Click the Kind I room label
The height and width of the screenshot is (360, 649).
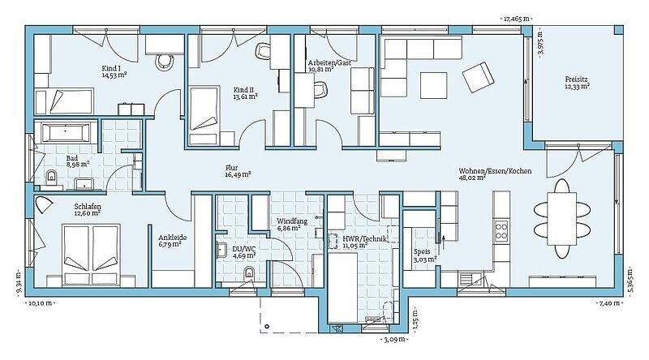coord(111,68)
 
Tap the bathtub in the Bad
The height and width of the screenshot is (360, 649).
coord(67,133)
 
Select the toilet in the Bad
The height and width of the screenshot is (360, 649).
coord(52,176)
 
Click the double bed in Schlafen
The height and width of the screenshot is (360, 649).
coord(91,255)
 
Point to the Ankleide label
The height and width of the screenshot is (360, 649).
coord(173,238)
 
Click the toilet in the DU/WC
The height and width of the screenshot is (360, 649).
coord(249,272)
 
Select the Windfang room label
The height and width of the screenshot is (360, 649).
coord(292,221)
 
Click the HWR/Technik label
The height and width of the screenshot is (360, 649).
coord(364,238)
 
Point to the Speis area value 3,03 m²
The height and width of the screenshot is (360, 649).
coord(425,259)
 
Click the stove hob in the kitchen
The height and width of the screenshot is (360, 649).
coord(501,231)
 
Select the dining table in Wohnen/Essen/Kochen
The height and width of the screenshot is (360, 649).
coord(561,218)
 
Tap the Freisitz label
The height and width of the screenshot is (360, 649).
coord(577,79)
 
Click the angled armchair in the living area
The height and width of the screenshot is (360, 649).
coord(478,77)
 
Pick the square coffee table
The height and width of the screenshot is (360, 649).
coord(434,85)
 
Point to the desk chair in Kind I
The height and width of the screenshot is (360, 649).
coord(165,62)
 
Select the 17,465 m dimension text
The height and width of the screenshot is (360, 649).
coord(516,19)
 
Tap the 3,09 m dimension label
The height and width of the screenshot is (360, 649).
coord(394,341)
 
